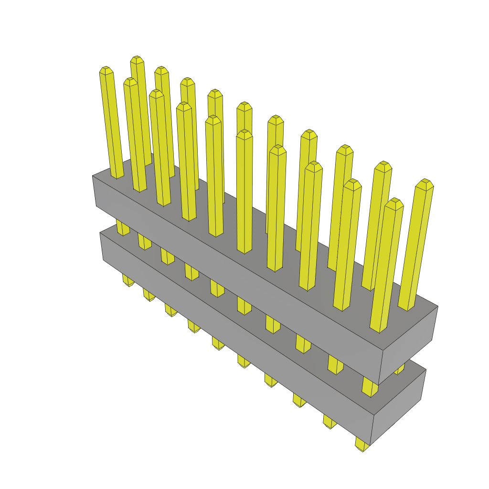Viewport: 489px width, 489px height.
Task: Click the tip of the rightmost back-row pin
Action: pos(424,183)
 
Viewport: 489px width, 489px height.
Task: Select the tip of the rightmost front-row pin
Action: pos(394,203)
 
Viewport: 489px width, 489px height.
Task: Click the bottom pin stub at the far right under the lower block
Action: pos(362,446)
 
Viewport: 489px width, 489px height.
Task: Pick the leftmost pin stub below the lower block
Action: pos(128,280)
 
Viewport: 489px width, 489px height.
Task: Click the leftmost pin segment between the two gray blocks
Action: pos(123,228)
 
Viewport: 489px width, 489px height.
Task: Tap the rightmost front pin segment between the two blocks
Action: pos(370,387)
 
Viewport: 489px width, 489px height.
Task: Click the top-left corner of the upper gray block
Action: pos(93,176)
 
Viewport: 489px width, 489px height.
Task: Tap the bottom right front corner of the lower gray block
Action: pos(371,445)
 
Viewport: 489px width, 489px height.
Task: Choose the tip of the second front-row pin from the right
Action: pos(352,184)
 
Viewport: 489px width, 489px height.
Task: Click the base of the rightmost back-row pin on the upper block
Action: pos(406,308)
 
